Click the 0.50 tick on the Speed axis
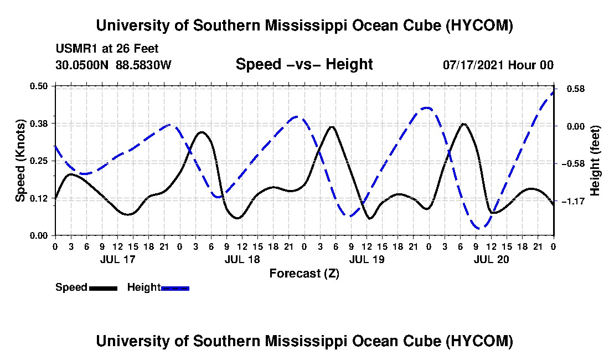point(38,86)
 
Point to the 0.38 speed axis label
point(38,124)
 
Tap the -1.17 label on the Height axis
point(573,201)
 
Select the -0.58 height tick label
point(573,163)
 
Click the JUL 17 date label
point(117,259)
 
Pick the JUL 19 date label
point(367,259)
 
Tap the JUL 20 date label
point(491,259)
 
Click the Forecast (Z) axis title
point(304,274)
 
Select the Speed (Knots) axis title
point(20,161)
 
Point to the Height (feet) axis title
point(595,161)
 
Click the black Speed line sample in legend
point(104,288)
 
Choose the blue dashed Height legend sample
point(175,288)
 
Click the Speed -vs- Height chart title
point(304,64)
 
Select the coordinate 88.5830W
point(143,65)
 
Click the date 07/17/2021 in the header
point(474,65)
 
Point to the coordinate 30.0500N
point(82,65)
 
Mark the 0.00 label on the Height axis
point(576,126)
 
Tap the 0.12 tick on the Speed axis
point(38,198)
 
